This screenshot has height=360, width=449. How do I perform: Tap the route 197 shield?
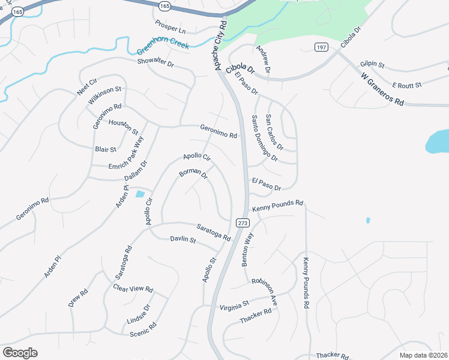[x=321, y=47]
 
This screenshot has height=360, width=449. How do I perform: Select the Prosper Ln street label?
[x=171, y=27]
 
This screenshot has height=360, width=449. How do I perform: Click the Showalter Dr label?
[x=155, y=62]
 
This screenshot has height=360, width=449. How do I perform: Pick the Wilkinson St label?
[x=105, y=95]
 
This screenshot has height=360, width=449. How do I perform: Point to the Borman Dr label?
[x=193, y=175]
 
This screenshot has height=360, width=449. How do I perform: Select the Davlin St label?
[x=183, y=240]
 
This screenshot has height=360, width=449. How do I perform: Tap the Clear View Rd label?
[x=133, y=288]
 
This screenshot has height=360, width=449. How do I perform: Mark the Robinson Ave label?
[x=264, y=292]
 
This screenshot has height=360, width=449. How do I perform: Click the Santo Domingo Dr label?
[x=264, y=139]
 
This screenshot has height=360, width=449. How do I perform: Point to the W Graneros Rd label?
[x=382, y=89]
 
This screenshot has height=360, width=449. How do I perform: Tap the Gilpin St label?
[x=372, y=64]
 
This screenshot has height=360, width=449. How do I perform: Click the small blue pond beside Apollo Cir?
[x=140, y=194]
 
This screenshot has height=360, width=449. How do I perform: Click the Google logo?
[x=20, y=353]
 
